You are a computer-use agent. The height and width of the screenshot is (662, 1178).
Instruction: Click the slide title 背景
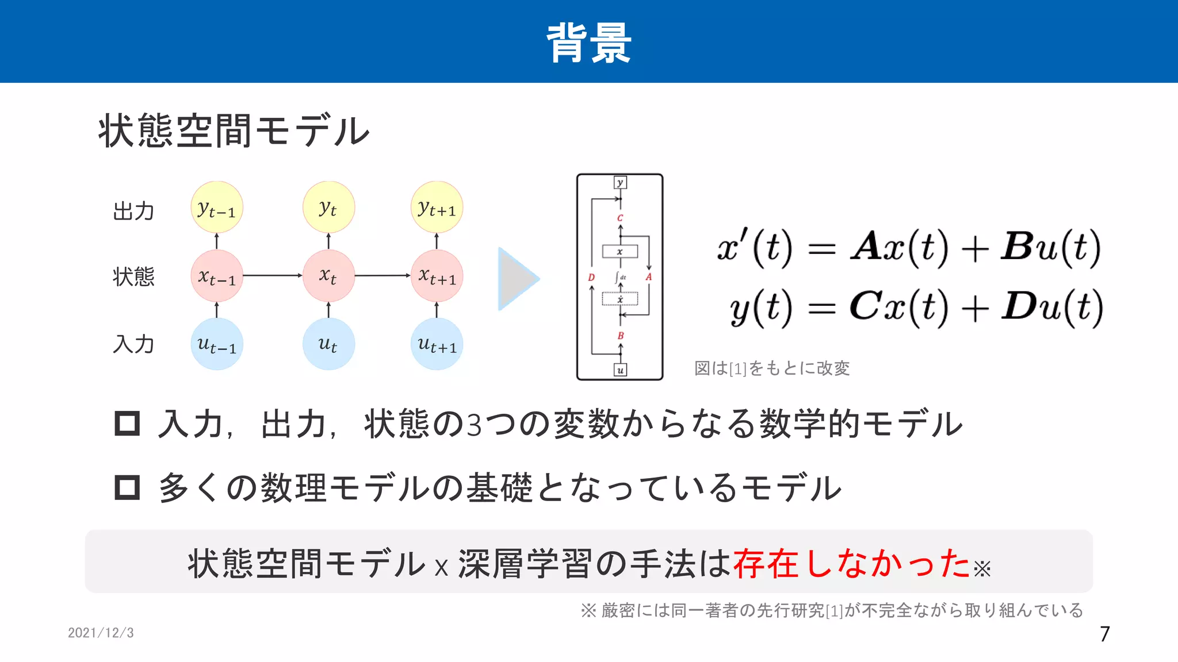tap(588, 43)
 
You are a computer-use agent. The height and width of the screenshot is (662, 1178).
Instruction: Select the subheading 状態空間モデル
tap(234, 131)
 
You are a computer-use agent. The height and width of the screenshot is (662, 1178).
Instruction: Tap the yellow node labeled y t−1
tap(217, 207)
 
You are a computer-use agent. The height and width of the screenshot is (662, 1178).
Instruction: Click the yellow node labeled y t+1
tap(437, 207)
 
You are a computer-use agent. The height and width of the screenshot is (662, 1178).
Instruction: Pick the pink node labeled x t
tap(328, 276)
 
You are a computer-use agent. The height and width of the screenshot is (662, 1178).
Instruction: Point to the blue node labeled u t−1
tap(217, 344)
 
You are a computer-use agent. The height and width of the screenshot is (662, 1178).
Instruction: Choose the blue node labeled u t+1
tap(437, 344)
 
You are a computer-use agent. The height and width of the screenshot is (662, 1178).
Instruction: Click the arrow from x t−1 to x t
tap(273, 276)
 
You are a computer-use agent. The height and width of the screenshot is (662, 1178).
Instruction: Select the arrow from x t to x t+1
tap(383, 276)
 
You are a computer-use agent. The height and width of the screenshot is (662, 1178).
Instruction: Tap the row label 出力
tap(133, 211)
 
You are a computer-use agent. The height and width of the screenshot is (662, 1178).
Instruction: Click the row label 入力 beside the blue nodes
tap(133, 344)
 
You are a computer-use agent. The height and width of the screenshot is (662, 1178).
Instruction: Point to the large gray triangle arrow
tap(516, 279)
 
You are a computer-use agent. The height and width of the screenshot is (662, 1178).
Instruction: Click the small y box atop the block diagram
tap(620, 183)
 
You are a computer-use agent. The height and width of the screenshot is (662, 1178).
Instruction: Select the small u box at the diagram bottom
tap(620, 370)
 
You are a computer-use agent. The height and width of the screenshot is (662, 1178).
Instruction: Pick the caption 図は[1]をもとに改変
tap(772, 368)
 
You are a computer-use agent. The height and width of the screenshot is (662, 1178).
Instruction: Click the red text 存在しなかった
tap(852, 563)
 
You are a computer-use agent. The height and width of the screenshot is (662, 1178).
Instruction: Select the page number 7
tap(1105, 634)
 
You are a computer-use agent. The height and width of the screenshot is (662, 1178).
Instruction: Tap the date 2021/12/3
tap(101, 633)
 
